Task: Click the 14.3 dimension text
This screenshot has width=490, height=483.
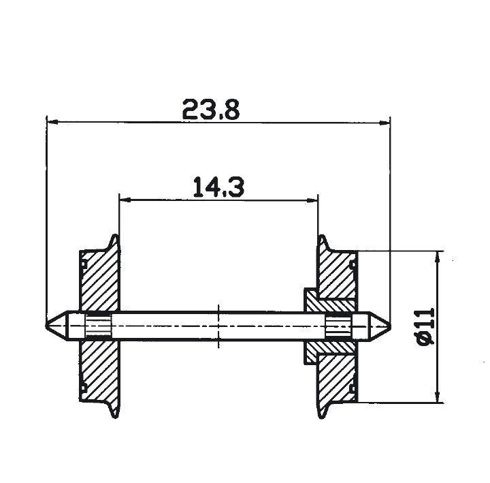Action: pyautogui.click(x=218, y=185)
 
